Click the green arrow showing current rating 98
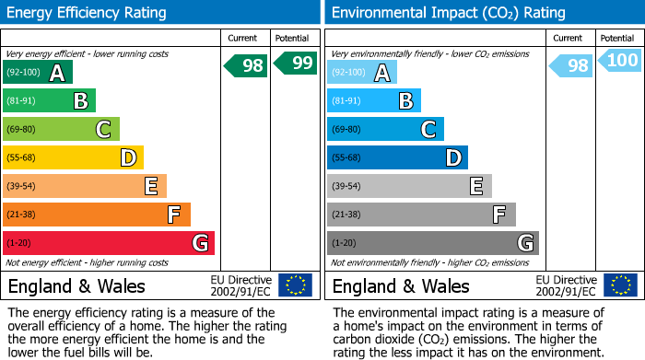(247, 65)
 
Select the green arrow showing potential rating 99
(295, 63)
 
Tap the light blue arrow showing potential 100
(618, 61)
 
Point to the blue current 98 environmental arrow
(571, 65)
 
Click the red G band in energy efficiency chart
(108, 243)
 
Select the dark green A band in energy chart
(37, 73)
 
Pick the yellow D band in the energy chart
(73, 157)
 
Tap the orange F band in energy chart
(97, 215)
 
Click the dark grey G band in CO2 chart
(432, 243)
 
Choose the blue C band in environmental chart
(385, 130)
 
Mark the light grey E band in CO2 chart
(409, 186)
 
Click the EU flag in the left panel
(295, 285)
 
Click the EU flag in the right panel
(619, 285)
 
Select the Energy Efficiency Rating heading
(88, 13)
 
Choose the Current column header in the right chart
(569, 38)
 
